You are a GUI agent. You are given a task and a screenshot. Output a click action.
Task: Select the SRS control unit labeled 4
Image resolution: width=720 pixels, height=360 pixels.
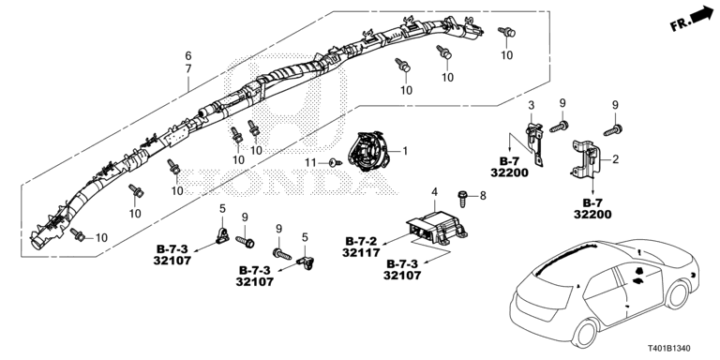436,227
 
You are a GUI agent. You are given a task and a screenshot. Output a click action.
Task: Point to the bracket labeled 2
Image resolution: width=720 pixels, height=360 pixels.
585,158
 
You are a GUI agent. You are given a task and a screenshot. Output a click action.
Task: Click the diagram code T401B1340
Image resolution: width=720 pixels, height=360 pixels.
669,349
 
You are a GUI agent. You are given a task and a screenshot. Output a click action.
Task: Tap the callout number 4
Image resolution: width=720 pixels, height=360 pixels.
434,192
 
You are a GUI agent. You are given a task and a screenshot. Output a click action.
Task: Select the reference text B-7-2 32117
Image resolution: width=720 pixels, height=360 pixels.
361,247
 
